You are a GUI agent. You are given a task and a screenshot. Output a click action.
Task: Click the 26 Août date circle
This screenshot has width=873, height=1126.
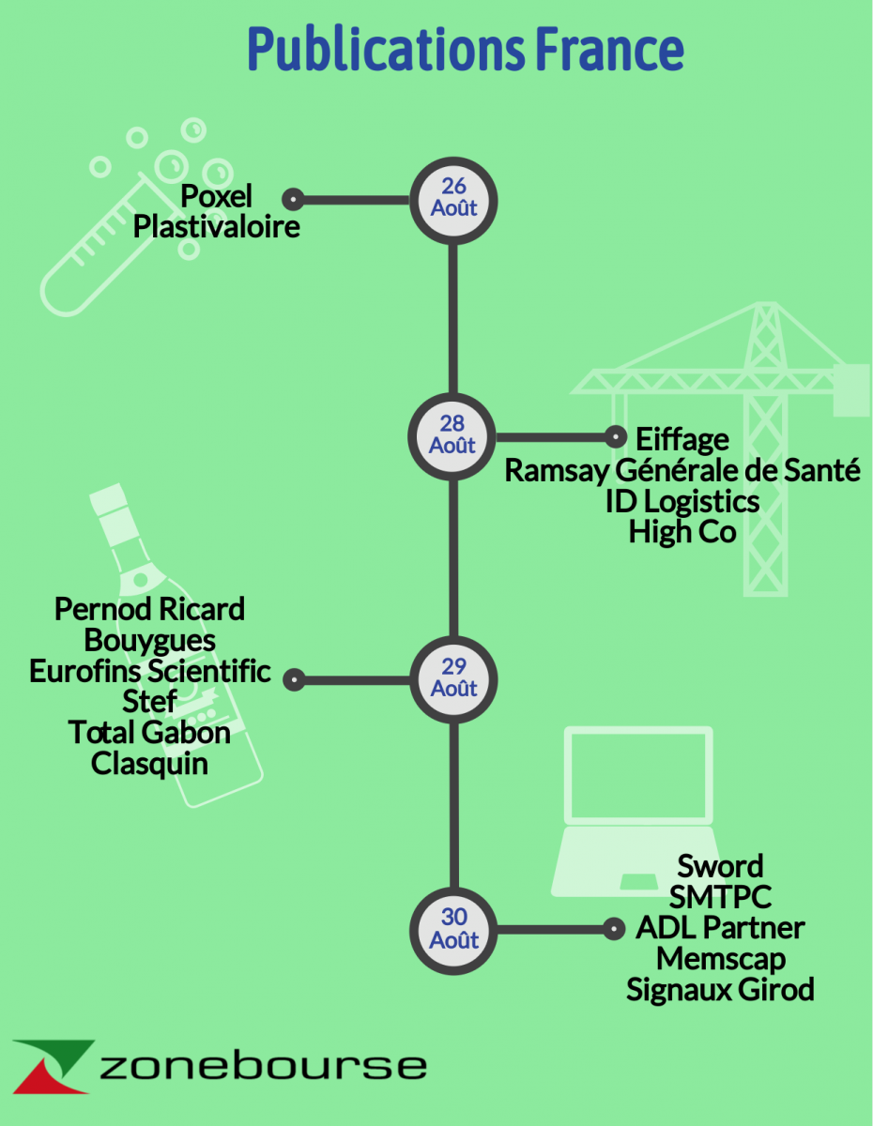pos(453,201)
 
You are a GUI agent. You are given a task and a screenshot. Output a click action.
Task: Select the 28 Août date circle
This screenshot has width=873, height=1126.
pos(452,437)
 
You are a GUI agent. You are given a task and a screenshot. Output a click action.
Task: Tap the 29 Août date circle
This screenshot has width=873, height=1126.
pos(453,680)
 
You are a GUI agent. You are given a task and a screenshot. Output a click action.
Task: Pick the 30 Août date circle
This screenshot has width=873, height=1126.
pos(453,931)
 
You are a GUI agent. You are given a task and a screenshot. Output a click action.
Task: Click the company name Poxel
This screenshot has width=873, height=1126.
pos(216,196)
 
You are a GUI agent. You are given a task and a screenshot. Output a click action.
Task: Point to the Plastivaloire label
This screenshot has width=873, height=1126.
pos(216,227)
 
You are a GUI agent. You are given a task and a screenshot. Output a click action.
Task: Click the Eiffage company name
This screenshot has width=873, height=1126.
pos(682,440)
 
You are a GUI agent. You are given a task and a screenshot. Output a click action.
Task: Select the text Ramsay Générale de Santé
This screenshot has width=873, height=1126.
pos(682,470)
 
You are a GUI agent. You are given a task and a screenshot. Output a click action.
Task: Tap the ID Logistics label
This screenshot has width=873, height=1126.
pos(682,502)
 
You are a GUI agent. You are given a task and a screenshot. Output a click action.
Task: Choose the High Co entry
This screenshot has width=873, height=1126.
pos(682,532)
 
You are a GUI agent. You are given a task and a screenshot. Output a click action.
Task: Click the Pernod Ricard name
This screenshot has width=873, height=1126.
pos(149,609)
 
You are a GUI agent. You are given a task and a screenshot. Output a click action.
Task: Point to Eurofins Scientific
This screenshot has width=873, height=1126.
pos(149,671)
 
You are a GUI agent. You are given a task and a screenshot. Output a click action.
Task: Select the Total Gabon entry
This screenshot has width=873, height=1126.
pos(149,733)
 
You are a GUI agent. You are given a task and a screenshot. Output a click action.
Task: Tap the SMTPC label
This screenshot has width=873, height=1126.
pos(720,897)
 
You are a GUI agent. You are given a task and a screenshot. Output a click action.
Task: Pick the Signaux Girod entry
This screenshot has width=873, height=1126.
pos(720,990)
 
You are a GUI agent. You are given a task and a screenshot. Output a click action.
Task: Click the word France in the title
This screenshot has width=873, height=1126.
pos(609,48)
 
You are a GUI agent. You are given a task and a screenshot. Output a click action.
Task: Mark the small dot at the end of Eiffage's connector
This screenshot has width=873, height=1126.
pos(616,437)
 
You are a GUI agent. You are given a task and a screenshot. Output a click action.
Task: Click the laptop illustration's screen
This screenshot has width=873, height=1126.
pos(638,775)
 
